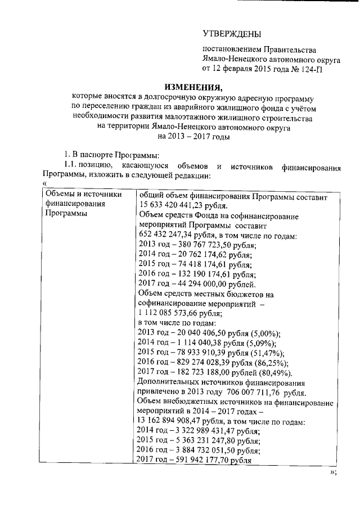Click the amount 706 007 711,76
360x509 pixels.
262,393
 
